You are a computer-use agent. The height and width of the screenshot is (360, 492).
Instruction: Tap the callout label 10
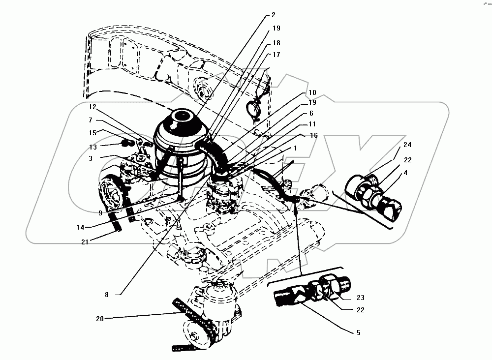tap(312, 92)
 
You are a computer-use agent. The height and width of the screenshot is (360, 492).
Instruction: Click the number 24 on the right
tap(407, 145)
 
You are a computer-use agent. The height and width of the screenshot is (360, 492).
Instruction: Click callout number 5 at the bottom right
tap(359, 333)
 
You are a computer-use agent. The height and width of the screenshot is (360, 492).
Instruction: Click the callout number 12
tap(93, 107)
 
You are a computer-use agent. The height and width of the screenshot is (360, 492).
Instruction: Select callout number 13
tap(93, 147)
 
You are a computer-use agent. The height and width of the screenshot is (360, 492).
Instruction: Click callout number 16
tap(314, 135)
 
